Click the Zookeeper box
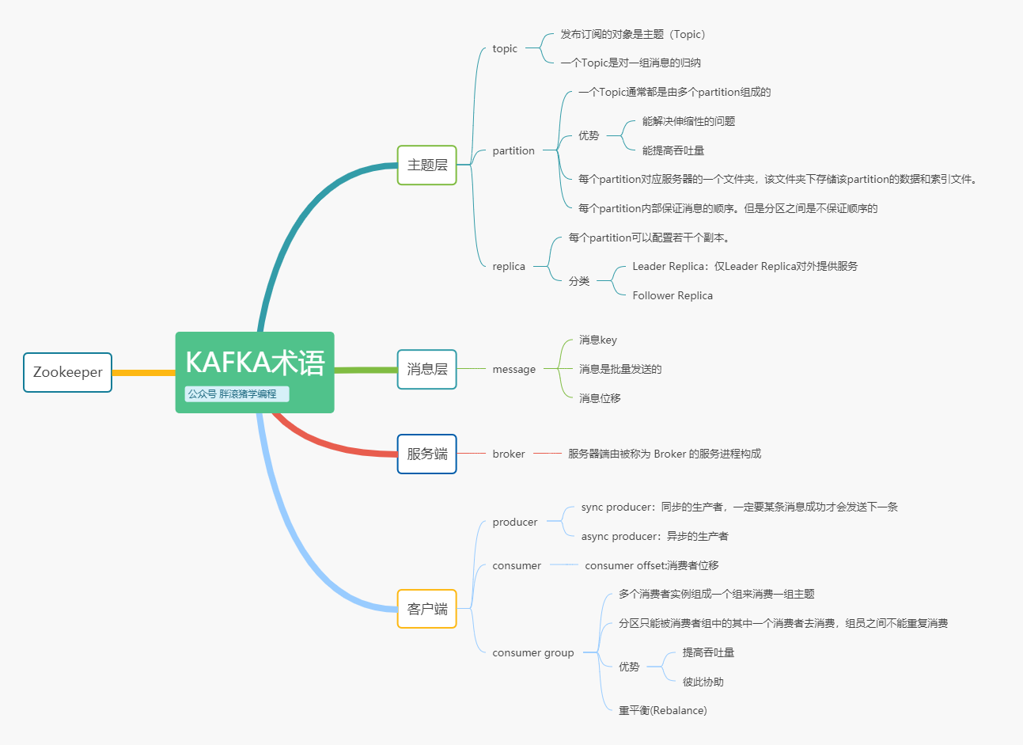tap(67, 372)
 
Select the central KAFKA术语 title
tap(255, 363)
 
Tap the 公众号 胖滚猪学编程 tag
tap(236, 393)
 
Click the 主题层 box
tap(427, 165)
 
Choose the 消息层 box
tap(427, 369)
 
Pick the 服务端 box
tap(427, 454)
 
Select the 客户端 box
tap(427, 609)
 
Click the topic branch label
tap(505, 48)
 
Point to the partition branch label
tap(513, 150)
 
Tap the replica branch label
tap(509, 266)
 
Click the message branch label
tap(514, 369)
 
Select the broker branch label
tap(509, 454)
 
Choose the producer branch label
tap(515, 522)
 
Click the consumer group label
tap(533, 652)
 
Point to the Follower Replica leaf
tap(673, 295)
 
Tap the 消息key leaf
tap(598, 340)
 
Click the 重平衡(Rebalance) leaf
tap(663, 710)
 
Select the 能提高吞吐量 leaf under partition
tap(673, 150)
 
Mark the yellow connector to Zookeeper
tap(143, 372)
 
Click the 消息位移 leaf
tap(600, 398)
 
